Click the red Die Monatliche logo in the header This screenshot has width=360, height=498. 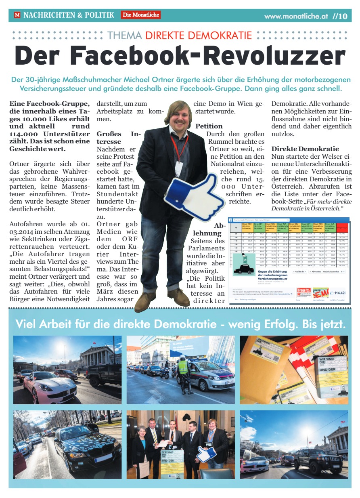(140, 15)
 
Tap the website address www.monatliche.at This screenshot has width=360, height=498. (296, 17)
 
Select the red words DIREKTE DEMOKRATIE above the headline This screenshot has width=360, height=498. (199, 35)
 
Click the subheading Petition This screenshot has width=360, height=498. (209, 126)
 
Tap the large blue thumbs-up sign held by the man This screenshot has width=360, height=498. (194, 196)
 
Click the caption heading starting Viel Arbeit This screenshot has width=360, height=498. (180, 324)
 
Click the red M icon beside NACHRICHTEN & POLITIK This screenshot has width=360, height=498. (17, 15)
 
